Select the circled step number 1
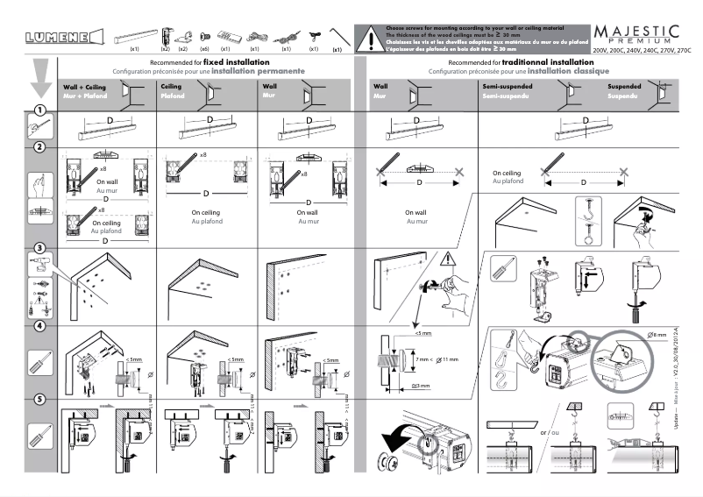(x=39, y=110)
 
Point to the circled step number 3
(x=39, y=249)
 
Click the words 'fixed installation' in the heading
(x=230, y=63)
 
